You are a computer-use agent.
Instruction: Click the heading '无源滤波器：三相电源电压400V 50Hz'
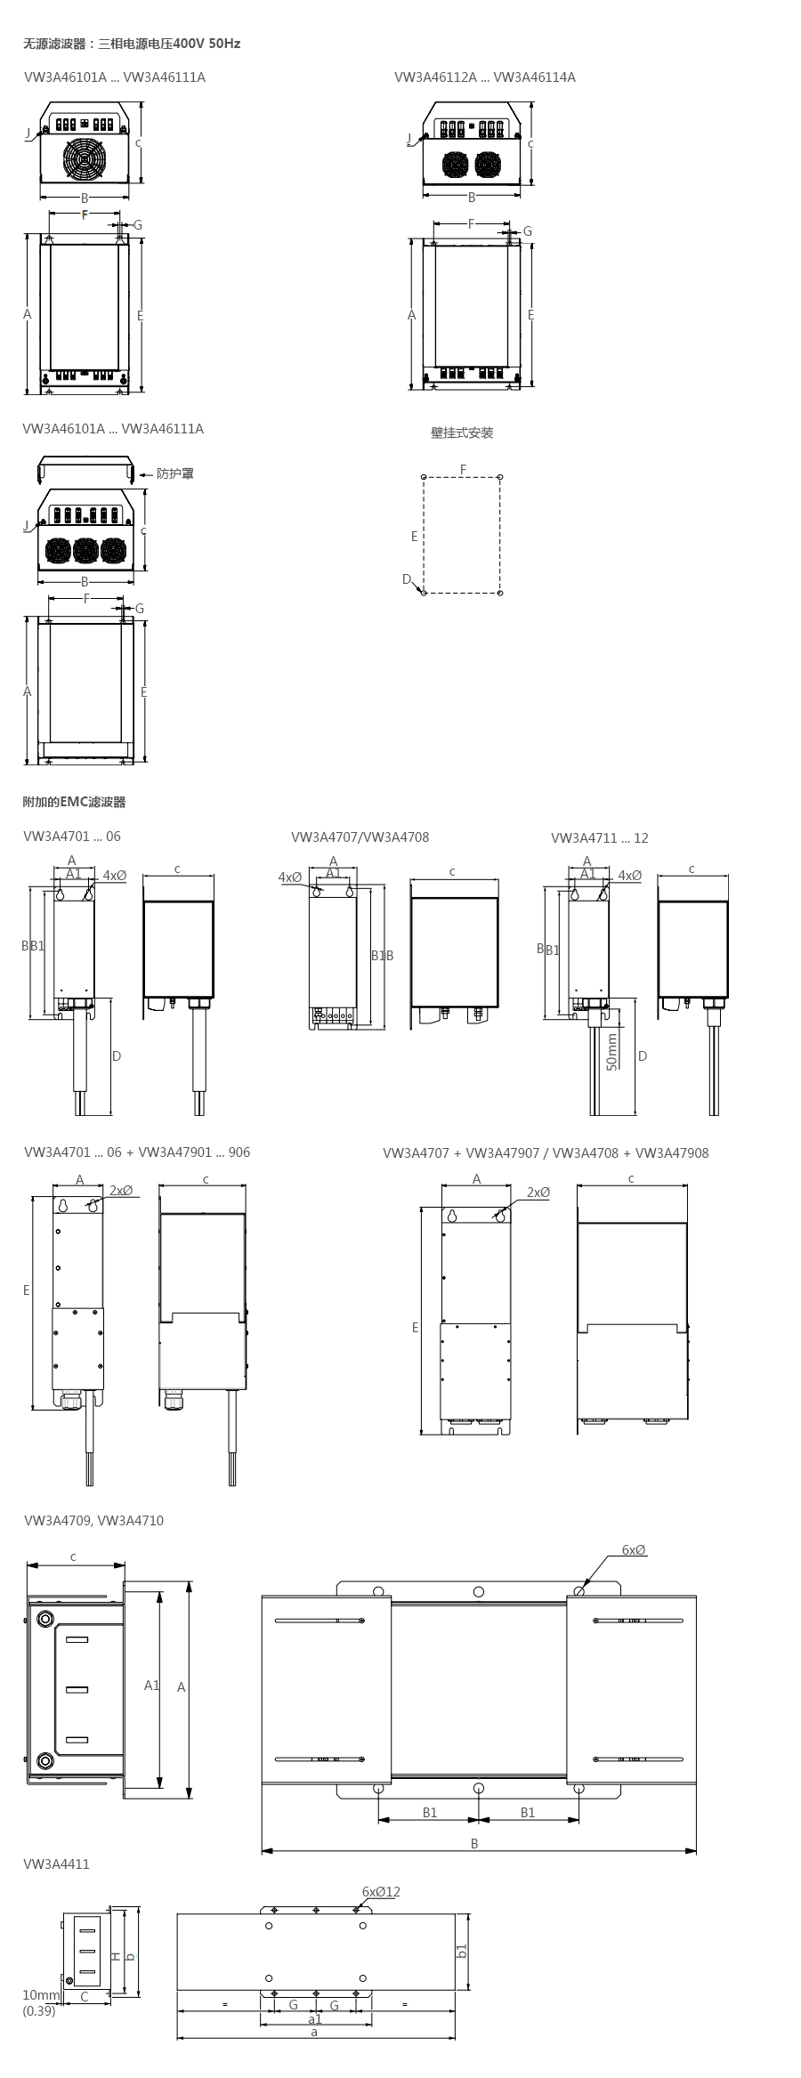point(132,43)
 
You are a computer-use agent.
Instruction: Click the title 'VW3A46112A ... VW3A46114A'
point(485,77)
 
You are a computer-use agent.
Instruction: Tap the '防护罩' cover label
point(175,473)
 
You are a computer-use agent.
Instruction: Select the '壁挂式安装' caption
point(462,433)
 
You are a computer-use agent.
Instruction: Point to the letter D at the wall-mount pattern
point(407,579)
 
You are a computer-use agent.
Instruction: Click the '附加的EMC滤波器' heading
point(74,802)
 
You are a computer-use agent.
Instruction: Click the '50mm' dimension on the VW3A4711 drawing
point(611,1051)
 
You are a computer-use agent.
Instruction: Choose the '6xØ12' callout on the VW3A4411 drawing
point(381,1891)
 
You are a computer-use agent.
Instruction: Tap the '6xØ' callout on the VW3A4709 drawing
point(634,1550)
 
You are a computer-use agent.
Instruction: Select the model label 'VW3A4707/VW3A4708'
point(360,837)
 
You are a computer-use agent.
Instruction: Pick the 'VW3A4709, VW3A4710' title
point(94,1521)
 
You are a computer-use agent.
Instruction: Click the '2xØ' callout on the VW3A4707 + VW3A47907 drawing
point(538,1193)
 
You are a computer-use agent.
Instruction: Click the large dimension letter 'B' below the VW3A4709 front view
point(474,1844)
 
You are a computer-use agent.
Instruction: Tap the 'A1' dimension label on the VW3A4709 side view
point(151,1686)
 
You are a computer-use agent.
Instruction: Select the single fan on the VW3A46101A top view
point(85,159)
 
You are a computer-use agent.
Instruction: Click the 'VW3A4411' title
point(57,1864)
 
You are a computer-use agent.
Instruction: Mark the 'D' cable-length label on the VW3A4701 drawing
point(117,1056)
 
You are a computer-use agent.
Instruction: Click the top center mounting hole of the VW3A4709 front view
point(479,1591)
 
